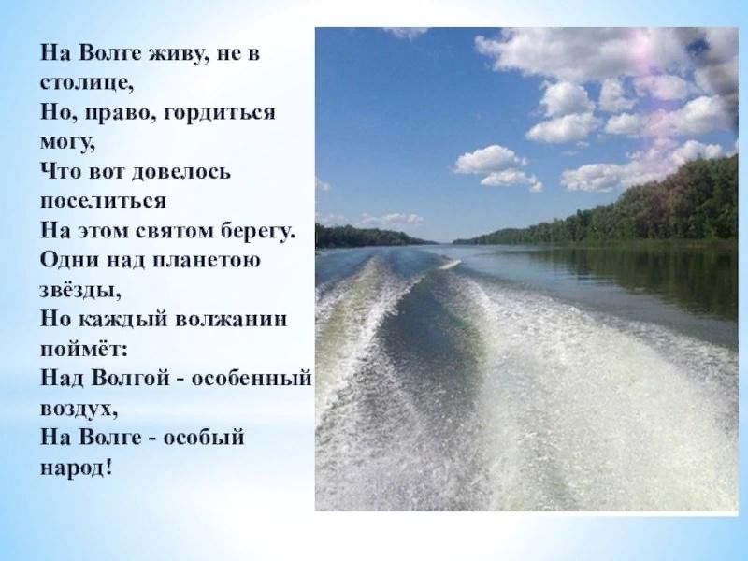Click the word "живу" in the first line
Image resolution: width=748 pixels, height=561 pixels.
177,53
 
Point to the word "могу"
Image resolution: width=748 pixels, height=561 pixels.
65,143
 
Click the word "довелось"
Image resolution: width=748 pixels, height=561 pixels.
180,171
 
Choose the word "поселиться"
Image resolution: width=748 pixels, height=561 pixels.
103,201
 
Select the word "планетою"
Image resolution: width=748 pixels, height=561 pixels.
207,261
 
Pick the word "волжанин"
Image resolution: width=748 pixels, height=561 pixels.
232,319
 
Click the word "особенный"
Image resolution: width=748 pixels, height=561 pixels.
252,379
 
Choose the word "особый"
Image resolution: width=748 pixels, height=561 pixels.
204,437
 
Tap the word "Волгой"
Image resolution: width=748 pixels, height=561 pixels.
130,378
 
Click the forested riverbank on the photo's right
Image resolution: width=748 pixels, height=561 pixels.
620,209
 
